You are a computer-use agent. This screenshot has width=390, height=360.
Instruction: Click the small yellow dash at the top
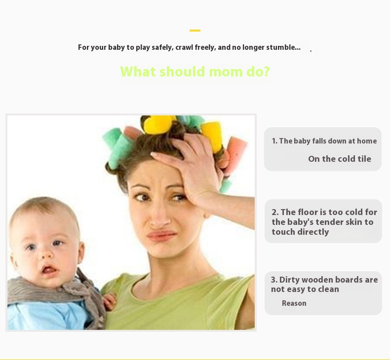[195, 31]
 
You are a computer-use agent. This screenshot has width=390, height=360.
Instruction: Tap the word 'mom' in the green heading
[226, 72]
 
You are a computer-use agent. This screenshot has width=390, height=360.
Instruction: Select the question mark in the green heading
[266, 72]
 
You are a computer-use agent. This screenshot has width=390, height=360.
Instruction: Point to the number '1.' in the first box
[274, 141]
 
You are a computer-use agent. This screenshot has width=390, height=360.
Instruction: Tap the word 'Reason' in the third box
[294, 303]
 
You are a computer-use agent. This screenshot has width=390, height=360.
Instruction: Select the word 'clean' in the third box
[329, 289]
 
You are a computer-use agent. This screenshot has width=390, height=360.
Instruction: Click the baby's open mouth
[49, 269]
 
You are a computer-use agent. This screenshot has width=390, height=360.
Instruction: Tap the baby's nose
[46, 254]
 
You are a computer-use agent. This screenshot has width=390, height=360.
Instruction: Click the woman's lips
[161, 235]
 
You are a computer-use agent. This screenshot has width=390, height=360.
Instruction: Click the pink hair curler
[236, 154]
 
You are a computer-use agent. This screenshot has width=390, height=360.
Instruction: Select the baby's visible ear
[81, 252]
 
